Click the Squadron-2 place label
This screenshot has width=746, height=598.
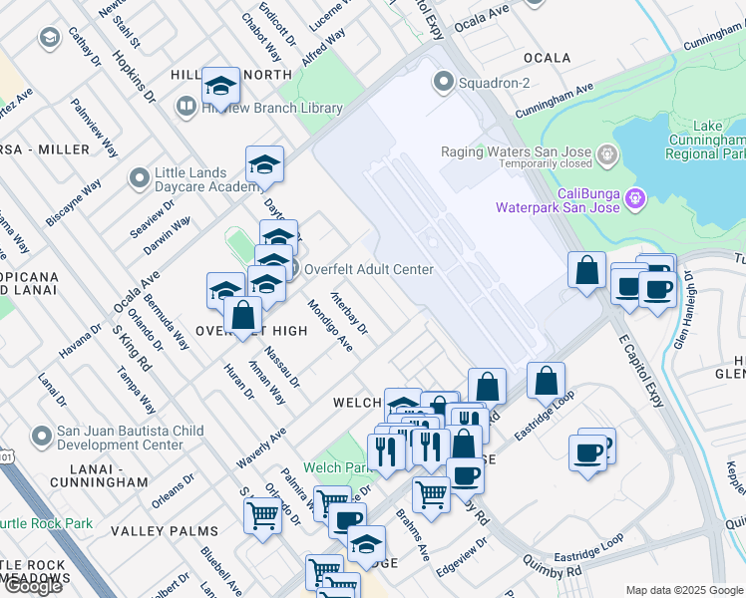494,82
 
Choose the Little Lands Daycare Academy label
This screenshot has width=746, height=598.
207,179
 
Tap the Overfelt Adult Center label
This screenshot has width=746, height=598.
368,269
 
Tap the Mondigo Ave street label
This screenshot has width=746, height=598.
330,325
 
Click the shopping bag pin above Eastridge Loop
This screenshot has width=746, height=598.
546,381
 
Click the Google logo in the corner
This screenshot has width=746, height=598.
33,586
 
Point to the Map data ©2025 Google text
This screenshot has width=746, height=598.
684,590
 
